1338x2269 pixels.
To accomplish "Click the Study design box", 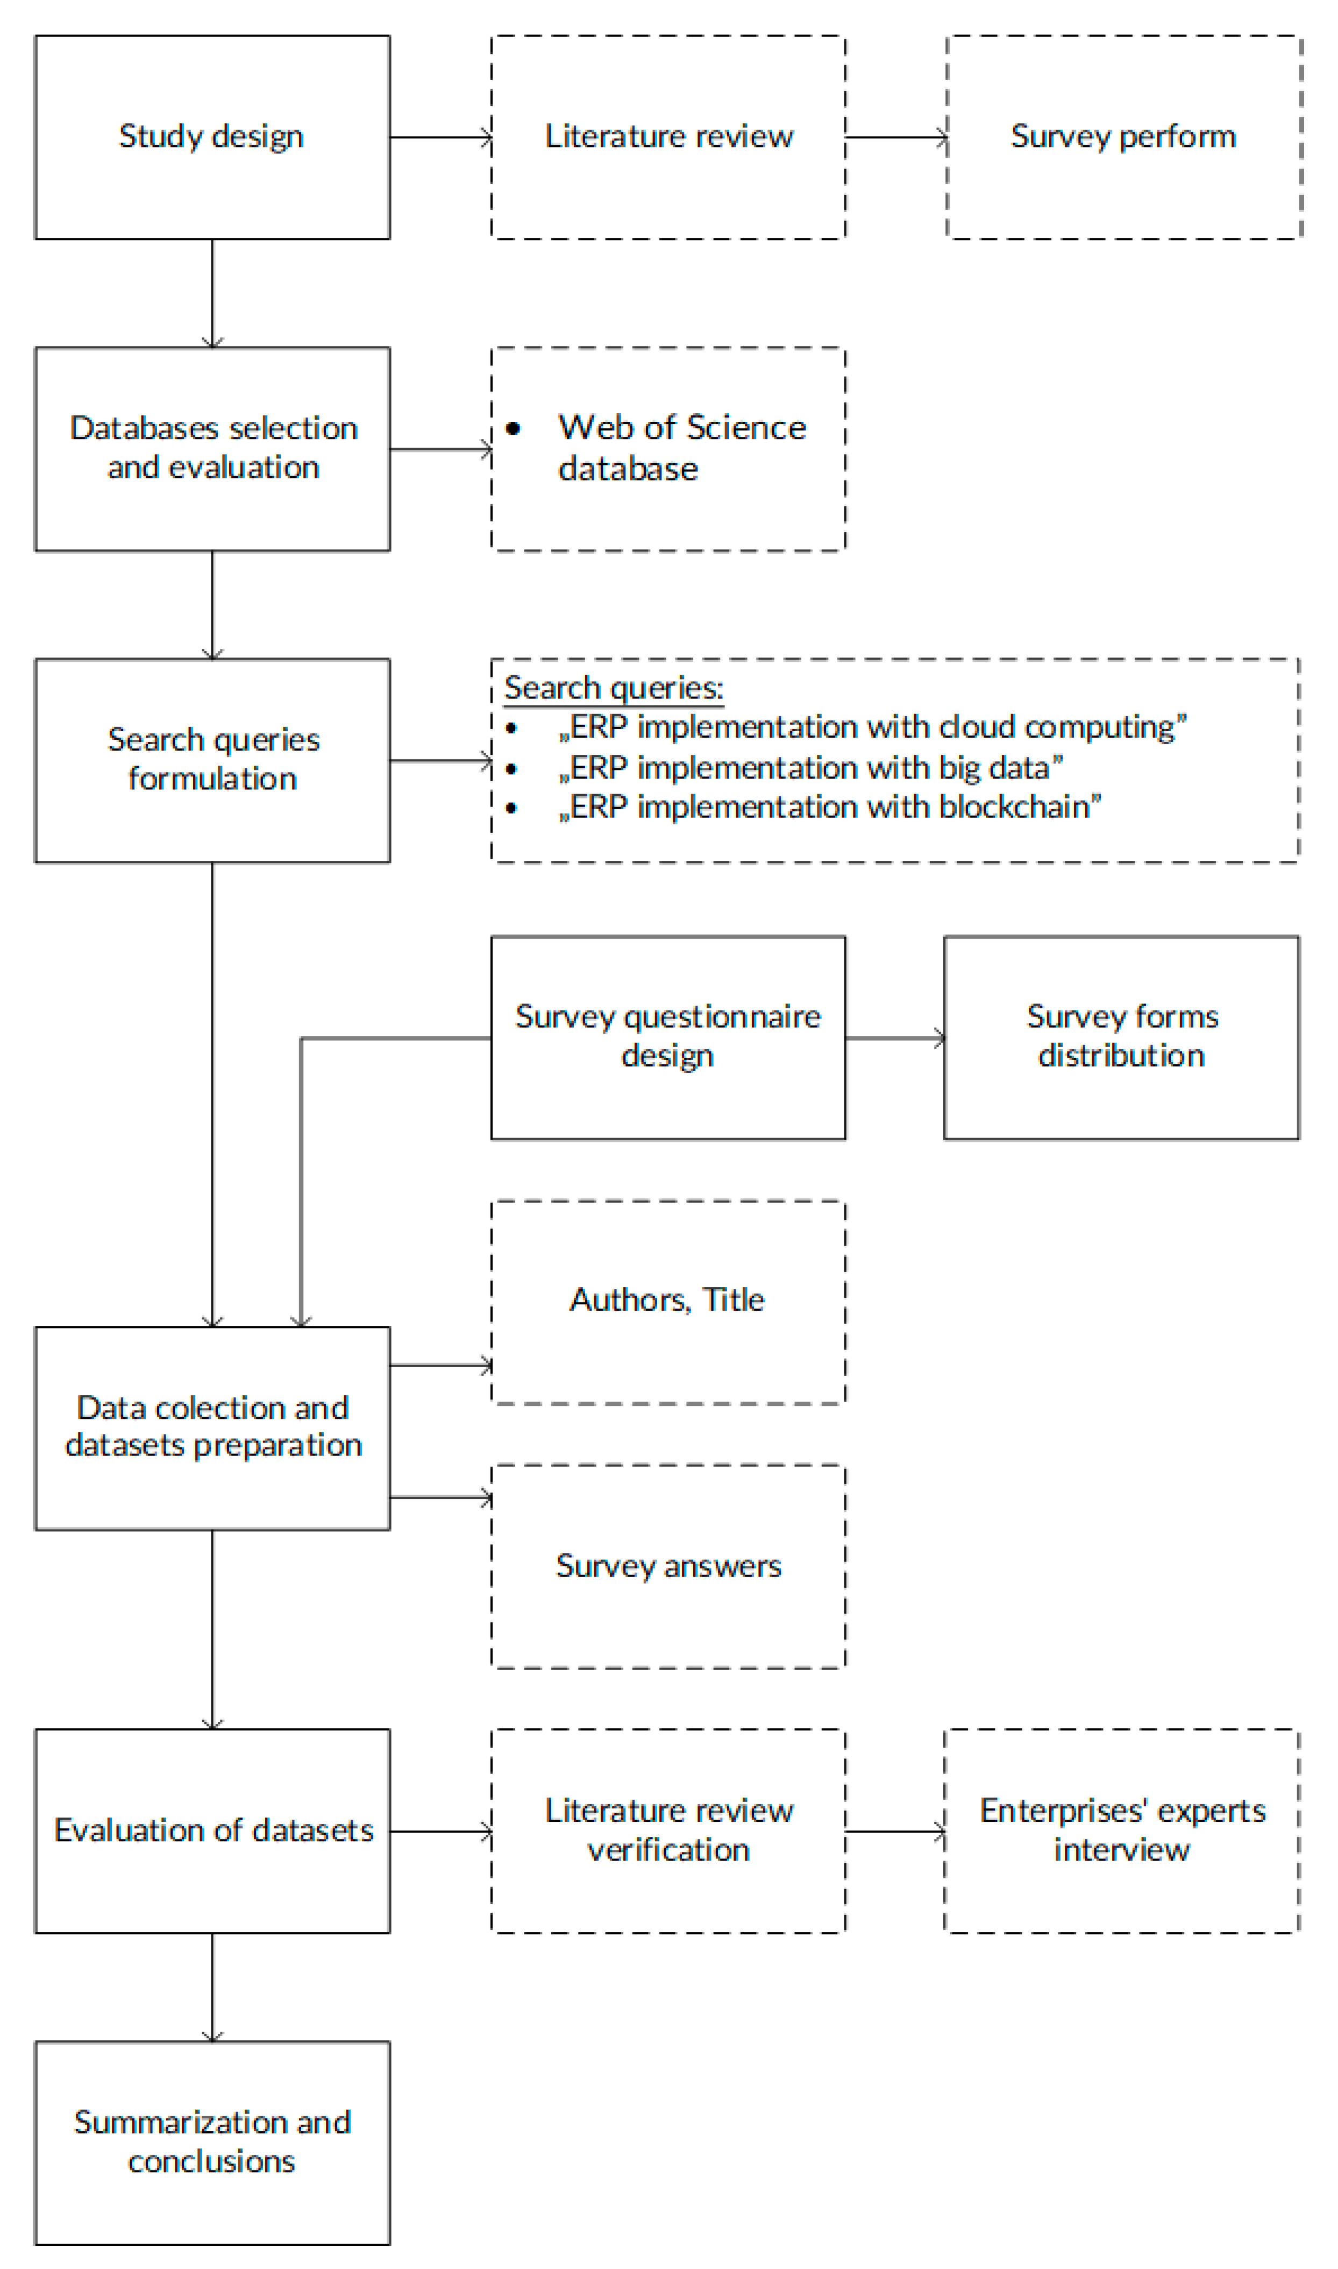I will [212, 137].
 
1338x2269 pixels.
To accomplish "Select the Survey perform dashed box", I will [1123, 137].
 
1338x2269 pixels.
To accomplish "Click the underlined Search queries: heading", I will [613, 688].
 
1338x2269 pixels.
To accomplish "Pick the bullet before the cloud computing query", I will [511, 728].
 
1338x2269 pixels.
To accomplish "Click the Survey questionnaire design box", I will [668, 1037].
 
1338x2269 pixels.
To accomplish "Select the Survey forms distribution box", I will [1122, 1037].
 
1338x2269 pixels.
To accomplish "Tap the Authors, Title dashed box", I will [668, 1302].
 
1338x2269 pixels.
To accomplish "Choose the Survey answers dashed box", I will [668, 1566].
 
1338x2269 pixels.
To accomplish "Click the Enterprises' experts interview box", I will [1122, 1830].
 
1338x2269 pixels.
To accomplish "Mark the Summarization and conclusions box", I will [212, 2142].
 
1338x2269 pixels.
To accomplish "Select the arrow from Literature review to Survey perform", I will [896, 137].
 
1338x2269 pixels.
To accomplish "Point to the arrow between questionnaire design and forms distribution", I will [894, 1038].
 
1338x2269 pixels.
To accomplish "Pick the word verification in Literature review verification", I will [668, 1850].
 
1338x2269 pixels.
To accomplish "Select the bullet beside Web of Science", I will [513, 428].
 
